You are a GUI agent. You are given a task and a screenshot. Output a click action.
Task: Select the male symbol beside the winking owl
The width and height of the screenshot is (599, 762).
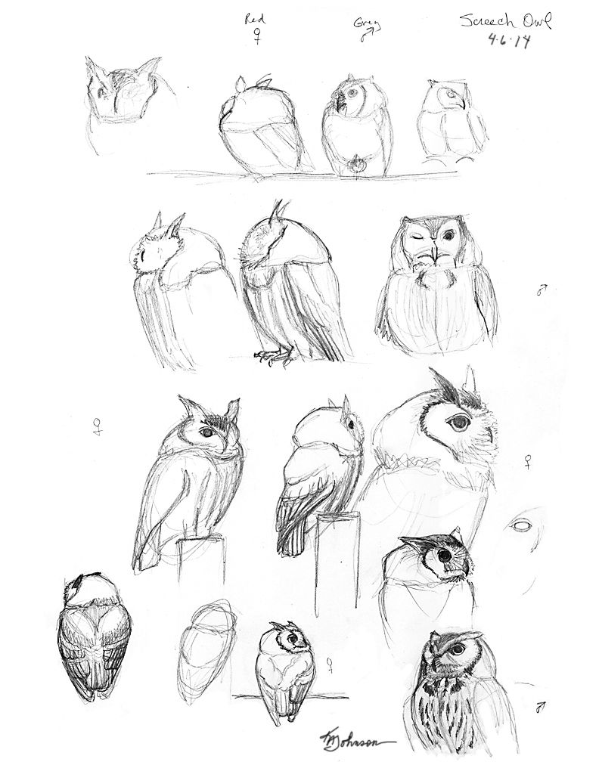542,288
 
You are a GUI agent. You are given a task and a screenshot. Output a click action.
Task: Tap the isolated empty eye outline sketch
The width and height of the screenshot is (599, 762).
520,524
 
